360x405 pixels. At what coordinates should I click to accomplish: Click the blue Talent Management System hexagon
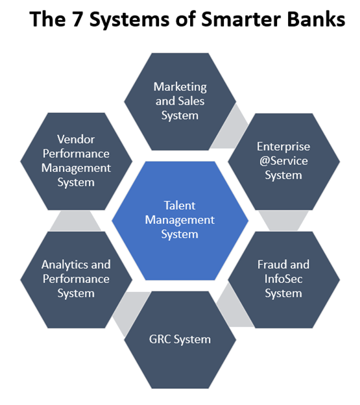tap(180, 221)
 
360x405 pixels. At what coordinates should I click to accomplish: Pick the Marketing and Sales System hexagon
tap(180, 101)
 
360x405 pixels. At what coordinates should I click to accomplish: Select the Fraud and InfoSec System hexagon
tap(283, 279)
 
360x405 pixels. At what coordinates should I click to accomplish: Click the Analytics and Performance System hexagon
tap(76, 279)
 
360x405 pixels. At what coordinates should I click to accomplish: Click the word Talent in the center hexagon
tap(180, 206)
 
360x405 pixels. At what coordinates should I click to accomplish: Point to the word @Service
tap(283, 161)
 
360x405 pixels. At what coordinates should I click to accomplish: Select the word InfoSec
tap(283, 279)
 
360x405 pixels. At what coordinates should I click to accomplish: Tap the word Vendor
tap(76, 139)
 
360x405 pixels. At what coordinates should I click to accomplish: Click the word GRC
tap(161, 339)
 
